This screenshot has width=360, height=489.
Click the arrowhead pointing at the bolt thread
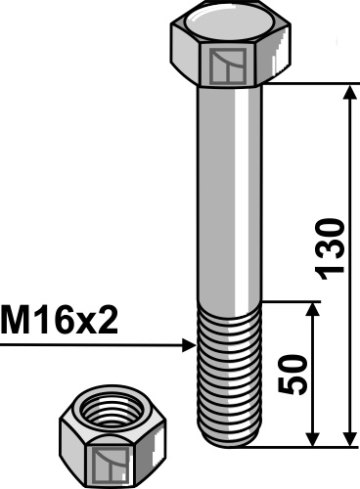pyautogui.click(x=189, y=344)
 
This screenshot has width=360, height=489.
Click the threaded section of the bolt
pyautogui.click(x=232, y=372)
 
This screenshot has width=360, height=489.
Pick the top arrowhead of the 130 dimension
pyautogui.click(x=349, y=93)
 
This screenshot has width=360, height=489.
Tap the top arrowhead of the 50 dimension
pyautogui.click(x=313, y=308)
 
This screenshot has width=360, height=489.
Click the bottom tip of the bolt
pyautogui.click(x=232, y=443)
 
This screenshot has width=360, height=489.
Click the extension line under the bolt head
pyautogui.click(x=308, y=85)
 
